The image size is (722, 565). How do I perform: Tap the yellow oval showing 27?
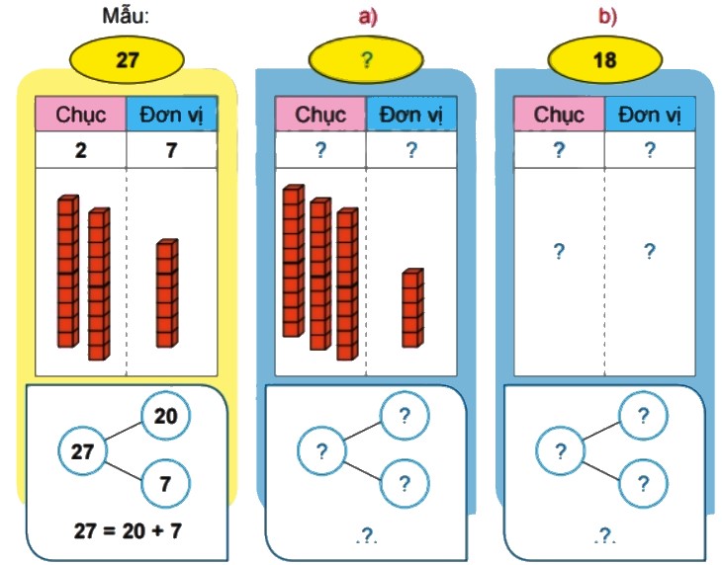pyautogui.click(x=126, y=59)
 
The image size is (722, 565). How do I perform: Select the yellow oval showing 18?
pyautogui.click(x=604, y=59)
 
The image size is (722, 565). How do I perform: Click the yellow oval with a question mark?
pyautogui.click(x=366, y=59)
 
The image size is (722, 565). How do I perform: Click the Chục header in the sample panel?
pyautogui.click(x=81, y=114)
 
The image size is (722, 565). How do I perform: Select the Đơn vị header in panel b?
pyautogui.click(x=650, y=114)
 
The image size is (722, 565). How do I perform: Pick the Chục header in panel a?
pyautogui.click(x=320, y=114)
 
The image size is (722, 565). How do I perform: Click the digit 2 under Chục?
pyautogui.click(x=81, y=150)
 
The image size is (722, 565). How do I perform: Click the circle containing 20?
pyautogui.click(x=165, y=417)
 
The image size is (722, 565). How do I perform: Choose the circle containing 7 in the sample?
pyautogui.click(x=165, y=485)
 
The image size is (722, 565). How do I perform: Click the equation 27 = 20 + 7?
pyautogui.click(x=128, y=529)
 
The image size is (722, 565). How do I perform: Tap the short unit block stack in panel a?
pyautogui.click(x=412, y=308)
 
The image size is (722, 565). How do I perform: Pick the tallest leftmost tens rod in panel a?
pyautogui.click(x=293, y=261)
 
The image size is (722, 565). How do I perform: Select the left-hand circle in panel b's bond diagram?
pyautogui.click(x=561, y=451)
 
